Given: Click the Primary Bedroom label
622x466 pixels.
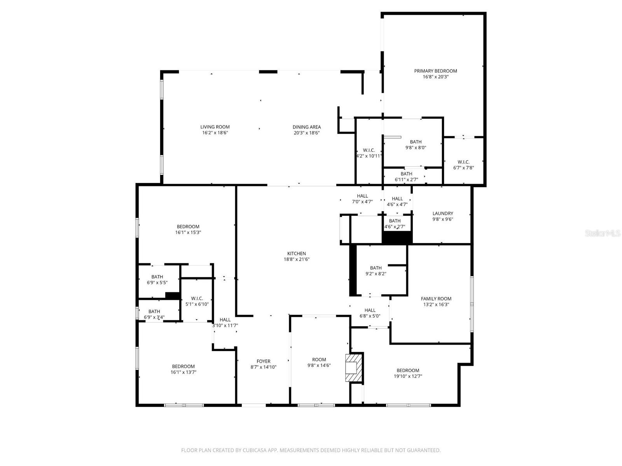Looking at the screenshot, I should (435, 71).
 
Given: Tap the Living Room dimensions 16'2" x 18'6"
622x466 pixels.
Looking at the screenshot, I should (215, 133).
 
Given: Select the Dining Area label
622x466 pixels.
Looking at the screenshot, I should (307, 127).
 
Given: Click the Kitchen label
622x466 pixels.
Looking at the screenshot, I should (297, 254).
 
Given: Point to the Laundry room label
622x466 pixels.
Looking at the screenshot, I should (443, 213).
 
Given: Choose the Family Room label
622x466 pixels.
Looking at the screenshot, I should (436, 299).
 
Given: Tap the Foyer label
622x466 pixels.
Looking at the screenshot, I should (263, 361).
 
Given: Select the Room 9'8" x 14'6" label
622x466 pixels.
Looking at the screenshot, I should (319, 360).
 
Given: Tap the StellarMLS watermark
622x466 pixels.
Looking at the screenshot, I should (603, 233).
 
